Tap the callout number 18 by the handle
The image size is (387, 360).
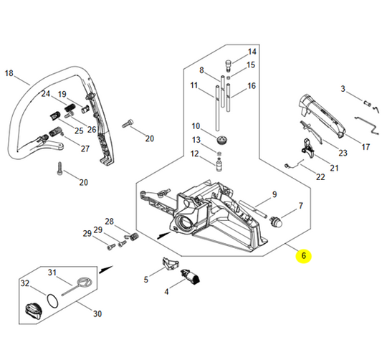click(x=9, y=73)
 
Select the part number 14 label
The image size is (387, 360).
click(x=252, y=52)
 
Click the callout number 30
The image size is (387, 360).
click(x=97, y=313)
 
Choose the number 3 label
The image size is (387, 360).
click(x=343, y=89)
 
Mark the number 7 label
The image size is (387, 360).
click(x=300, y=206)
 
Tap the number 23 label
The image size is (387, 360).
click(x=342, y=153)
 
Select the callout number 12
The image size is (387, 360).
click(x=194, y=153)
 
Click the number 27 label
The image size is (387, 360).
click(x=85, y=148)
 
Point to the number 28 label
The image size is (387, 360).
click(x=109, y=222)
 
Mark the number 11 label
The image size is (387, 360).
click(x=193, y=85)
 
